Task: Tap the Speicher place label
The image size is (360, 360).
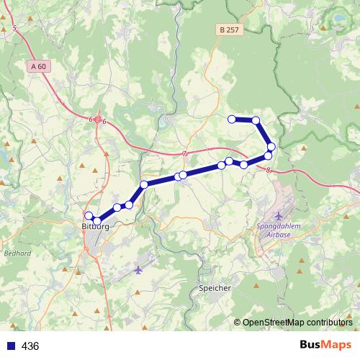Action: (215, 288)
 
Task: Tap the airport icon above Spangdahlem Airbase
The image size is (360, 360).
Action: (279, 216)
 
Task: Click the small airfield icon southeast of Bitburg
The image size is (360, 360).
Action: (139, 270)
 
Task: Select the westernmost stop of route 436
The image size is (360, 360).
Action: (89, 216)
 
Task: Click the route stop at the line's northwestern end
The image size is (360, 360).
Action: (232, 119)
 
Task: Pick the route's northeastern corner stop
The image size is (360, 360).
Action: (256, 120)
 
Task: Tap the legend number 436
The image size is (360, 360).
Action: (30, 346)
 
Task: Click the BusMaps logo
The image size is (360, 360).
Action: (325, 345)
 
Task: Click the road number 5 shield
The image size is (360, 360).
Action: (14, 28)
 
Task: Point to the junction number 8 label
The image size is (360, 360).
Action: (268, 171)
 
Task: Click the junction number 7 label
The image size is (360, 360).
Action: (184, 153)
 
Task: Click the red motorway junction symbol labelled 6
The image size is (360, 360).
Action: (97, 120)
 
